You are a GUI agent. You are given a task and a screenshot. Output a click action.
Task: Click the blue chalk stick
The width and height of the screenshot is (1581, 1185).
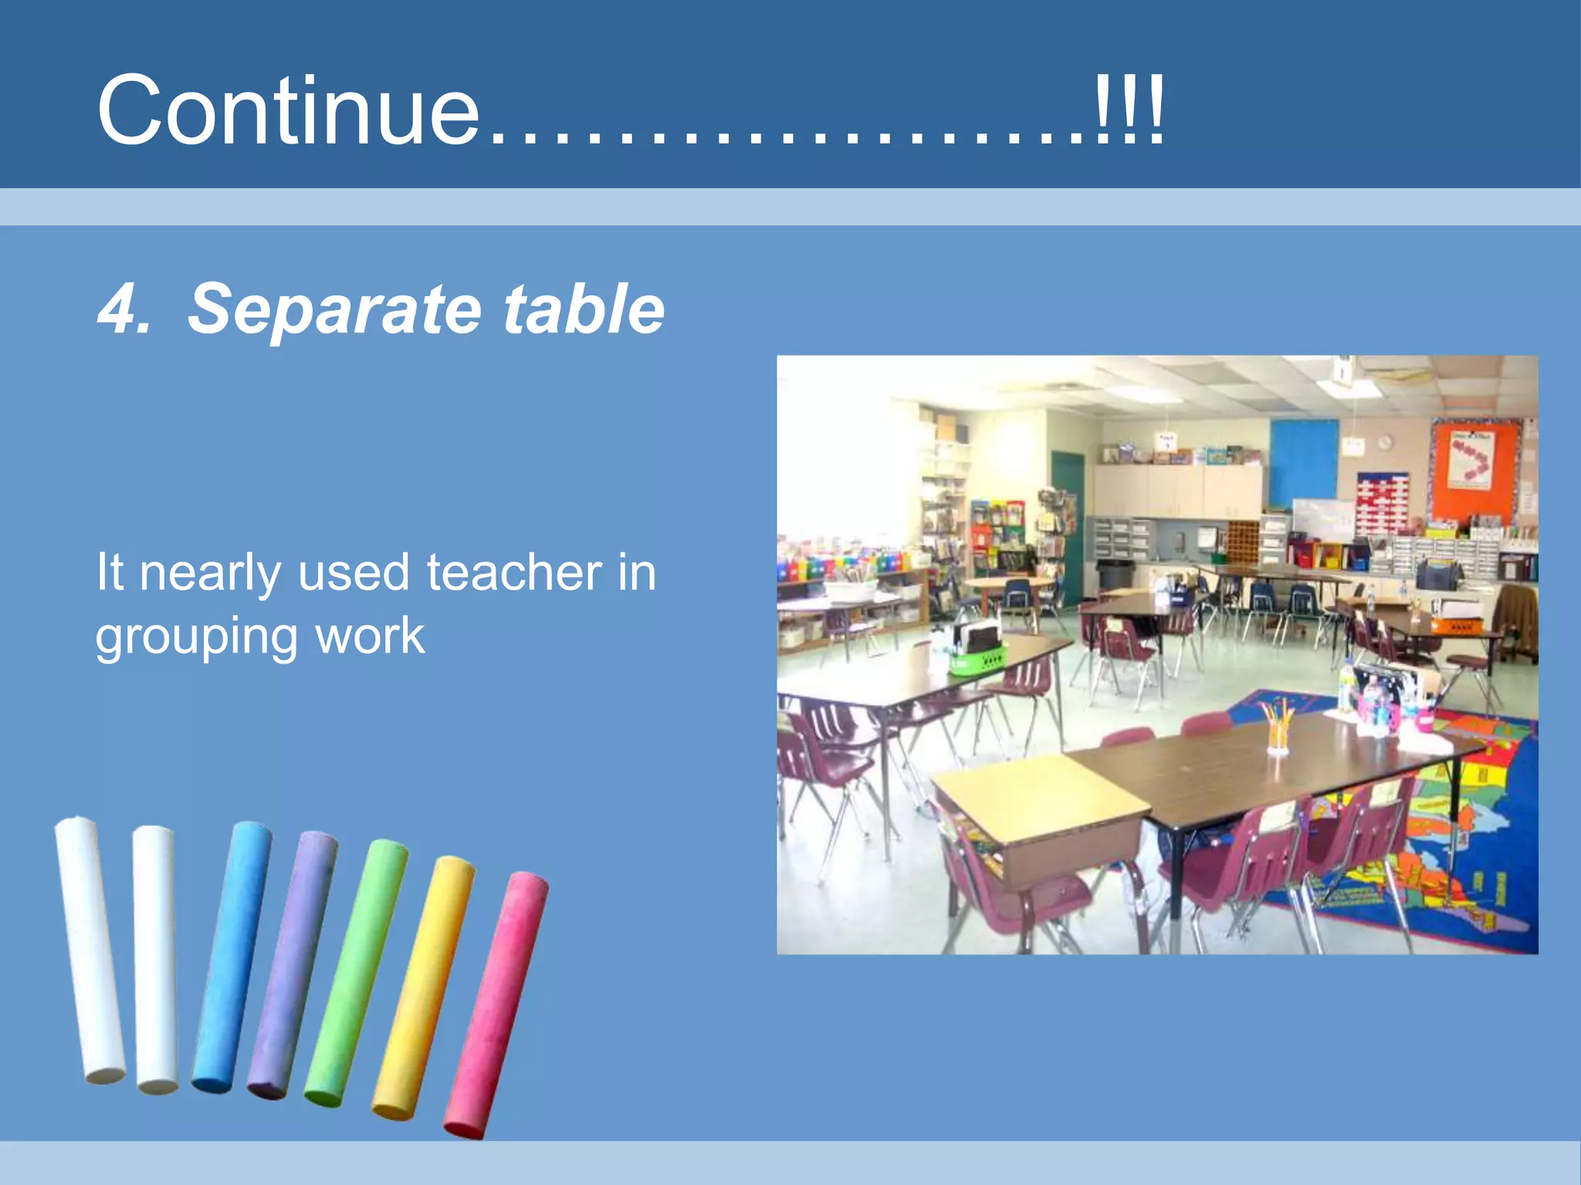click(x=231, y=957)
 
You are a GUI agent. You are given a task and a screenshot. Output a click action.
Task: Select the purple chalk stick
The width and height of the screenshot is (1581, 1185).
click(x=292, y=964)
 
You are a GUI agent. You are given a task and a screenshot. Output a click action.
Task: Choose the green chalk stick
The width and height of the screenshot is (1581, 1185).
click(x=356, y=972)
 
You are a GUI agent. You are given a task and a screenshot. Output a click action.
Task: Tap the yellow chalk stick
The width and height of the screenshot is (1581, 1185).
click(x=423, y=987)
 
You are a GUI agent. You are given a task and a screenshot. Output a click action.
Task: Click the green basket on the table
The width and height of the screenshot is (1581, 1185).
click(x=977, y=660)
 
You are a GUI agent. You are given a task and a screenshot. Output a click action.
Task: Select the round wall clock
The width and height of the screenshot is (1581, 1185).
click(x=1385, y=442)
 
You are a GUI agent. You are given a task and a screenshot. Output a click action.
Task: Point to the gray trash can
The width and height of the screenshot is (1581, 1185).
click(x=1116, y=574)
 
